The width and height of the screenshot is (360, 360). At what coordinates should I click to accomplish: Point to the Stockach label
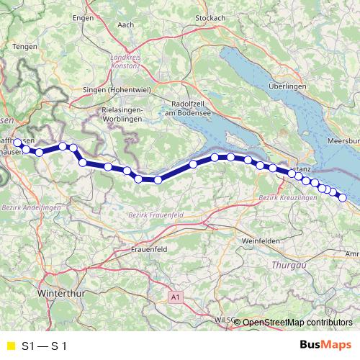tap(210, 17)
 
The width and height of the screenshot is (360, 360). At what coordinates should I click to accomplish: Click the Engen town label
tap(84, 17)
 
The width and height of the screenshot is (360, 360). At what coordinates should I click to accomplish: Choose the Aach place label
tap(126, 24)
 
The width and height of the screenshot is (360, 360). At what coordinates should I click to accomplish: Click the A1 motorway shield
tap(175, 296)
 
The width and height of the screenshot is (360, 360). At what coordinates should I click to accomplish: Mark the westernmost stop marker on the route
tap(18, 143)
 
